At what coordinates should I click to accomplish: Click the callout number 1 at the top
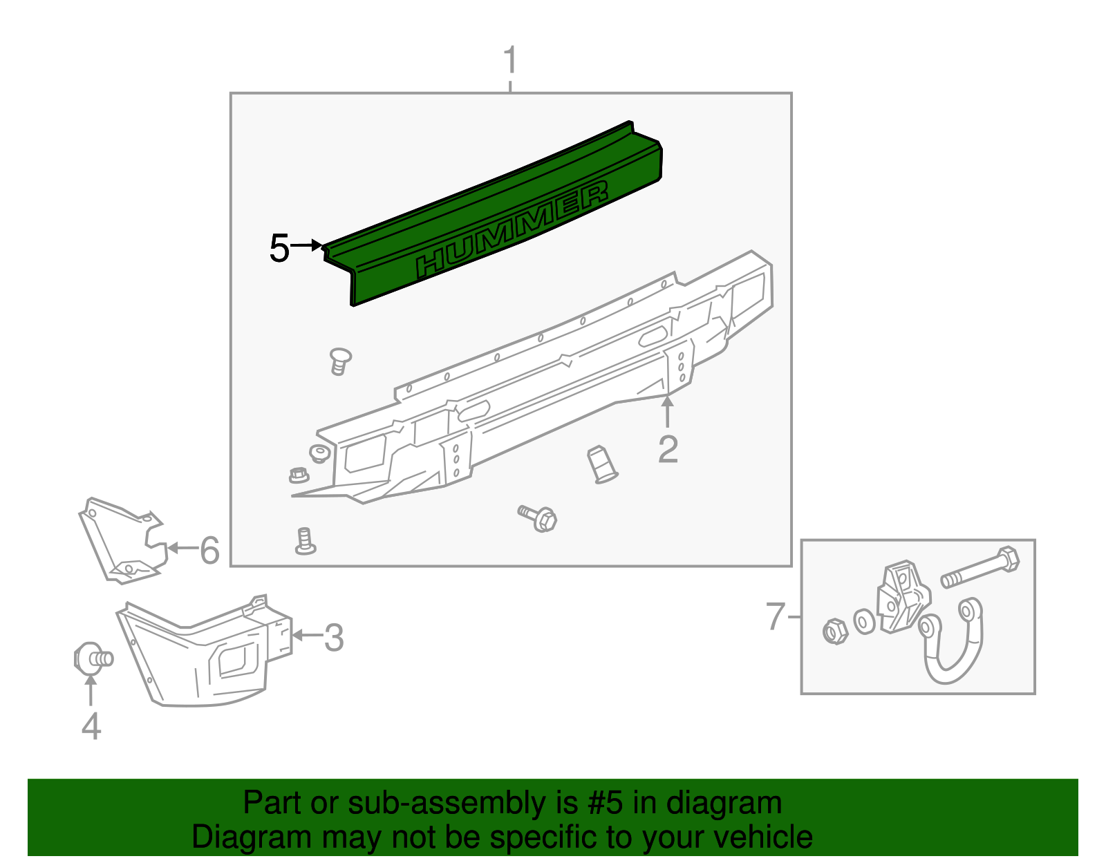point(510,61)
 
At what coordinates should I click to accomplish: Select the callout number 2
point(668,450)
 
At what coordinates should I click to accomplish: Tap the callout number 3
point(334,638)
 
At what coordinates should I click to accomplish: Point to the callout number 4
point(91,726)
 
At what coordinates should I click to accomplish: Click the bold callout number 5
point(279,249)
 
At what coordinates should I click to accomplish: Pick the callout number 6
point(209,551)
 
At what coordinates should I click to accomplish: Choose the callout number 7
point(776,616)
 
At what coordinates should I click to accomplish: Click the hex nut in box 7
point(835,631)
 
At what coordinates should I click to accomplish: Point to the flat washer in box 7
point(864,621)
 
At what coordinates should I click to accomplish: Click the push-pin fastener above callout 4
point(93,657)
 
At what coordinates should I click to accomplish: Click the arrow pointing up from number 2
point(667,412)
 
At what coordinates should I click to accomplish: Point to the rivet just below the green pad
point(339,361)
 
